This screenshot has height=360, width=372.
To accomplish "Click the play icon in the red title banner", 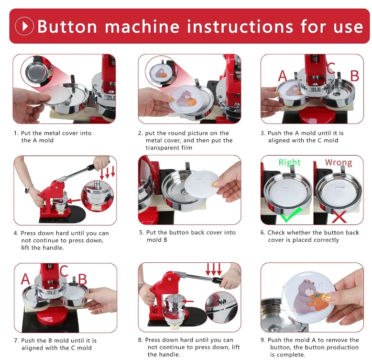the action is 24,26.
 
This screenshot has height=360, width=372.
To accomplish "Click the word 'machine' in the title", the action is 142,26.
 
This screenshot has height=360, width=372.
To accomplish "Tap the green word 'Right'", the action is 289,162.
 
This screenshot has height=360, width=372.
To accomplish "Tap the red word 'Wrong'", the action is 339,162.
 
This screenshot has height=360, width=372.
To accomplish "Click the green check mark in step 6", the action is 291,214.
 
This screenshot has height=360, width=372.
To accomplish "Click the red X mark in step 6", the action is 339,216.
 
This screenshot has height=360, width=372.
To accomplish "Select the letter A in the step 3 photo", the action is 282,76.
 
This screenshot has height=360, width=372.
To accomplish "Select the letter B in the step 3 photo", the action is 355,76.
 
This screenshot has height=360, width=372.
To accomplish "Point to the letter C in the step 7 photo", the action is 64,271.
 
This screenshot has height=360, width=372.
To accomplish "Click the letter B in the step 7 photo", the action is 82,280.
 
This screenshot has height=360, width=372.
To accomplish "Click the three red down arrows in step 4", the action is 108,172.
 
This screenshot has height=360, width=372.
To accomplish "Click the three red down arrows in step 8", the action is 214,270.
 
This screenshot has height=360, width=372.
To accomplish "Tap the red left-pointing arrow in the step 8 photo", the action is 187,301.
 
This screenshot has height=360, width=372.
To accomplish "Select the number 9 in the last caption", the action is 263,340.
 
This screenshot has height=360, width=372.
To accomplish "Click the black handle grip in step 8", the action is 217,280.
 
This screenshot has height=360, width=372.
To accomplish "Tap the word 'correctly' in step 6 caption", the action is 327,240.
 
